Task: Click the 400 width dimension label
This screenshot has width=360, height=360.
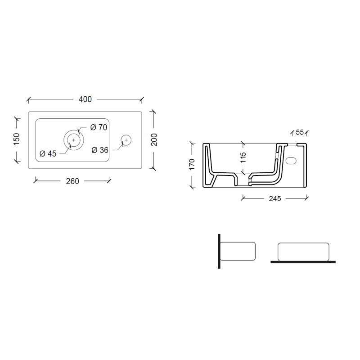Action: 85,99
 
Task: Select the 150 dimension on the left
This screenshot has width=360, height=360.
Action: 17,139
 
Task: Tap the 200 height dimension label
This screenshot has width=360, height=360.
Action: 154,139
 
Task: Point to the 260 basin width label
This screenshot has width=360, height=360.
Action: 72,181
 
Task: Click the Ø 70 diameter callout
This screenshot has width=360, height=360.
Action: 99,127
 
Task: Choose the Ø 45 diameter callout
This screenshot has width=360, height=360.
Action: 48,153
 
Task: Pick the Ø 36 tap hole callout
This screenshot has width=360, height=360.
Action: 100,150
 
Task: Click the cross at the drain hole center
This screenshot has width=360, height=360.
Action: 74,140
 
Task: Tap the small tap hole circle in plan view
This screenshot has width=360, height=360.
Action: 126,140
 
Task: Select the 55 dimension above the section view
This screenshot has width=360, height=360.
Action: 300,132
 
